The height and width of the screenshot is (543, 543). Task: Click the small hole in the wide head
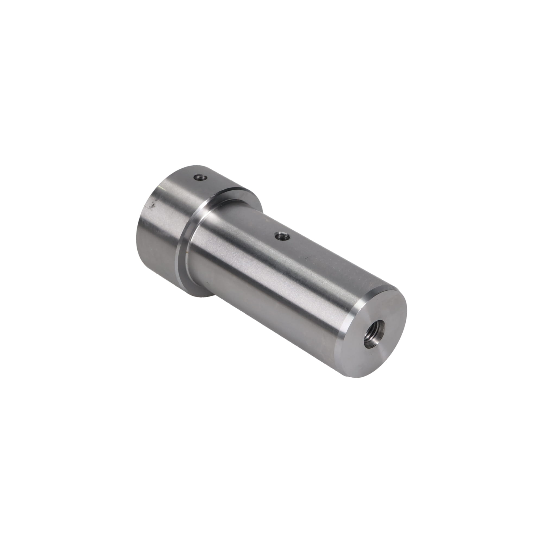click(201, 177)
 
